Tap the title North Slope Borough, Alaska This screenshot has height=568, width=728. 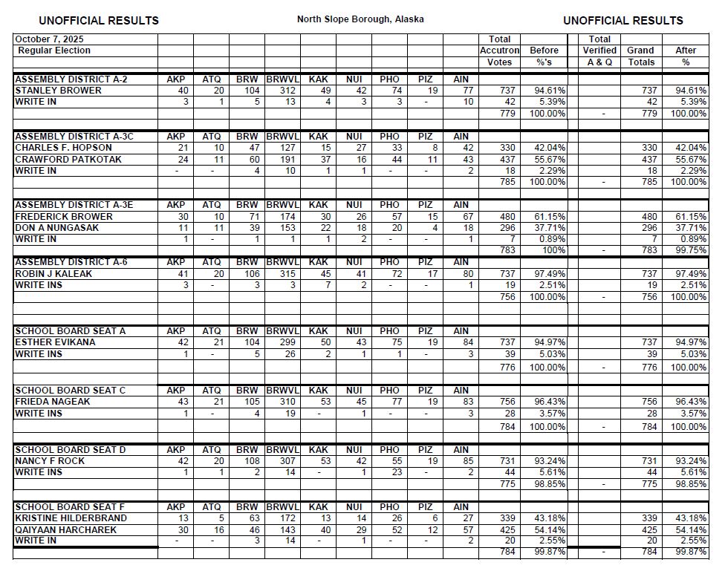tap(360, 19)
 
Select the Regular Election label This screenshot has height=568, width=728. tap(54, 50)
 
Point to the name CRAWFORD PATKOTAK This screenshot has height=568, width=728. tap(68, 160)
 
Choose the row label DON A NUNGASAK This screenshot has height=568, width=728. tap(58, 228)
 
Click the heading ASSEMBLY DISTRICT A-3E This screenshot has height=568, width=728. tap(74, 205)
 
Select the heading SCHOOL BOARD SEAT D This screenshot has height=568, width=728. tap(71, 450)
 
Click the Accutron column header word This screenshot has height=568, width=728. tap(499, 50)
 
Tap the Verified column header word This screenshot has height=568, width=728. tap(599, 50)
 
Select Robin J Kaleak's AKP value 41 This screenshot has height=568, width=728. tap(181, 274)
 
